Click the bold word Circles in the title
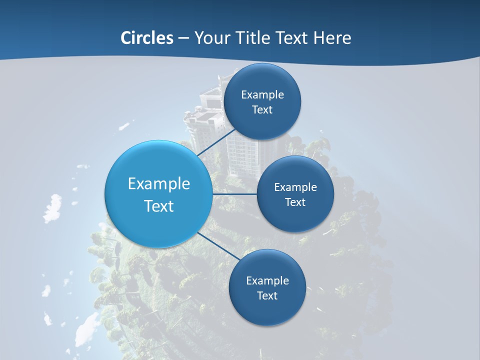(x=146, y=38)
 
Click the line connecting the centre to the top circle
(x=217, y=142)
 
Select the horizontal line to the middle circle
(x=235, y=194)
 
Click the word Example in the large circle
(x=159, y=184)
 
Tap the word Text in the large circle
(x=159, y=206)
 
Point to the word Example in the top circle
(x=262, y=94)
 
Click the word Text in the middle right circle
(x=295, y=202)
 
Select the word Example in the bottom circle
(x=267, y=280)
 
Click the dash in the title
(x=183, y=38)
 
